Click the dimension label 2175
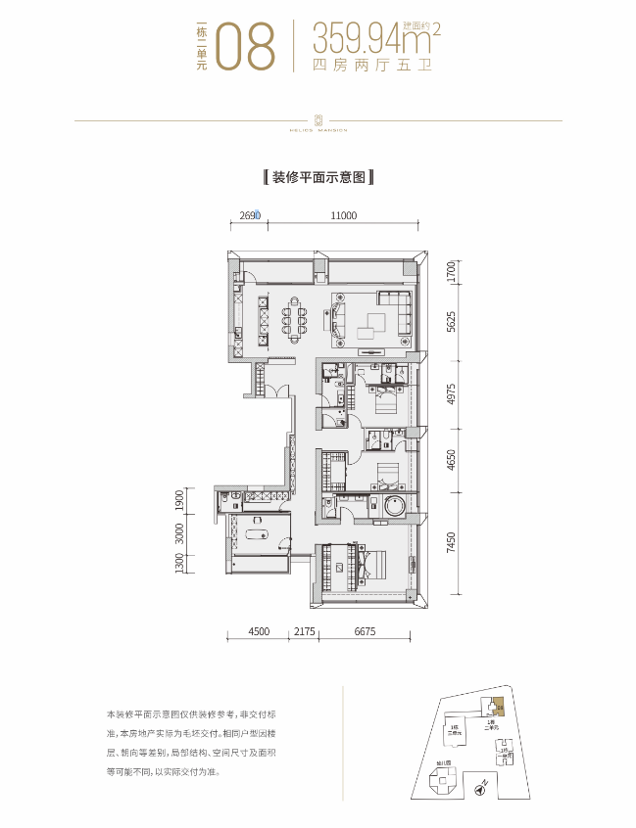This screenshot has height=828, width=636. [x=303, y=632]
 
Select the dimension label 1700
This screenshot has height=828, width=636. [x=450, y=270]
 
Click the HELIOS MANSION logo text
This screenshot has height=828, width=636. [x=319, y=128]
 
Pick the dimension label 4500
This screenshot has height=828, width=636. [x=258, y=632]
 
